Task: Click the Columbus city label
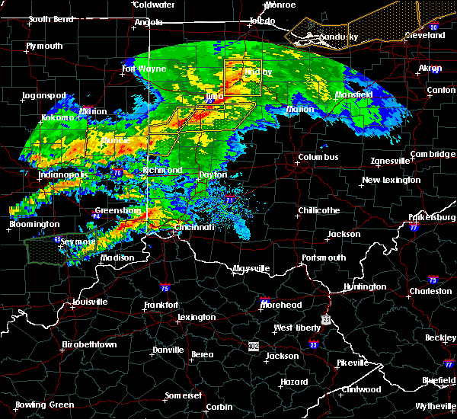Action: point(318,158)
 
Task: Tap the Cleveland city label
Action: point(424,36)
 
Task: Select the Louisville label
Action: point(87,302)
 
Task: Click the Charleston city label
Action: point(430,291)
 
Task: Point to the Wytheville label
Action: point(428,405)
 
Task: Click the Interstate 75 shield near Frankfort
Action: point(165,288)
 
